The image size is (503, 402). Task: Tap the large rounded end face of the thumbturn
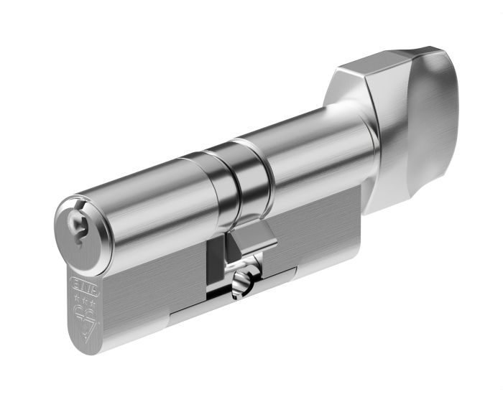(x=431, y=122)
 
